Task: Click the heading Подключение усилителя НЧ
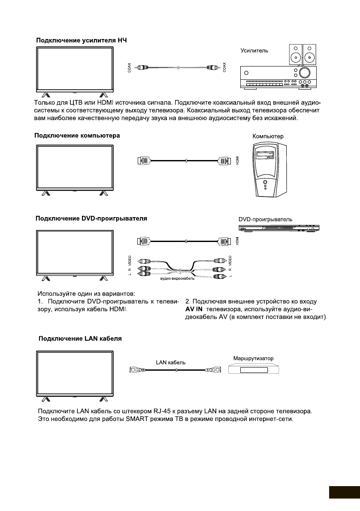click(82, 40)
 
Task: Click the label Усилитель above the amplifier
click(254, 50)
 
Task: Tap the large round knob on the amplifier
click(305, 72)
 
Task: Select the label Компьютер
click(268, 136)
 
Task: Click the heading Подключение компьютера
click(77, 136)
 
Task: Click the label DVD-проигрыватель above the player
click(266, 219)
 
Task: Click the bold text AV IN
click(194, 309)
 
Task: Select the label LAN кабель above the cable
click(171, 362)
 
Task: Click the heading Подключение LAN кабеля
click(80, 338)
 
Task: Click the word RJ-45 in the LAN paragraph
click(161, 411)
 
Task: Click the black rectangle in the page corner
click(344, 492)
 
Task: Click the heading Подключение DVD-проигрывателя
click(91, 218)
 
